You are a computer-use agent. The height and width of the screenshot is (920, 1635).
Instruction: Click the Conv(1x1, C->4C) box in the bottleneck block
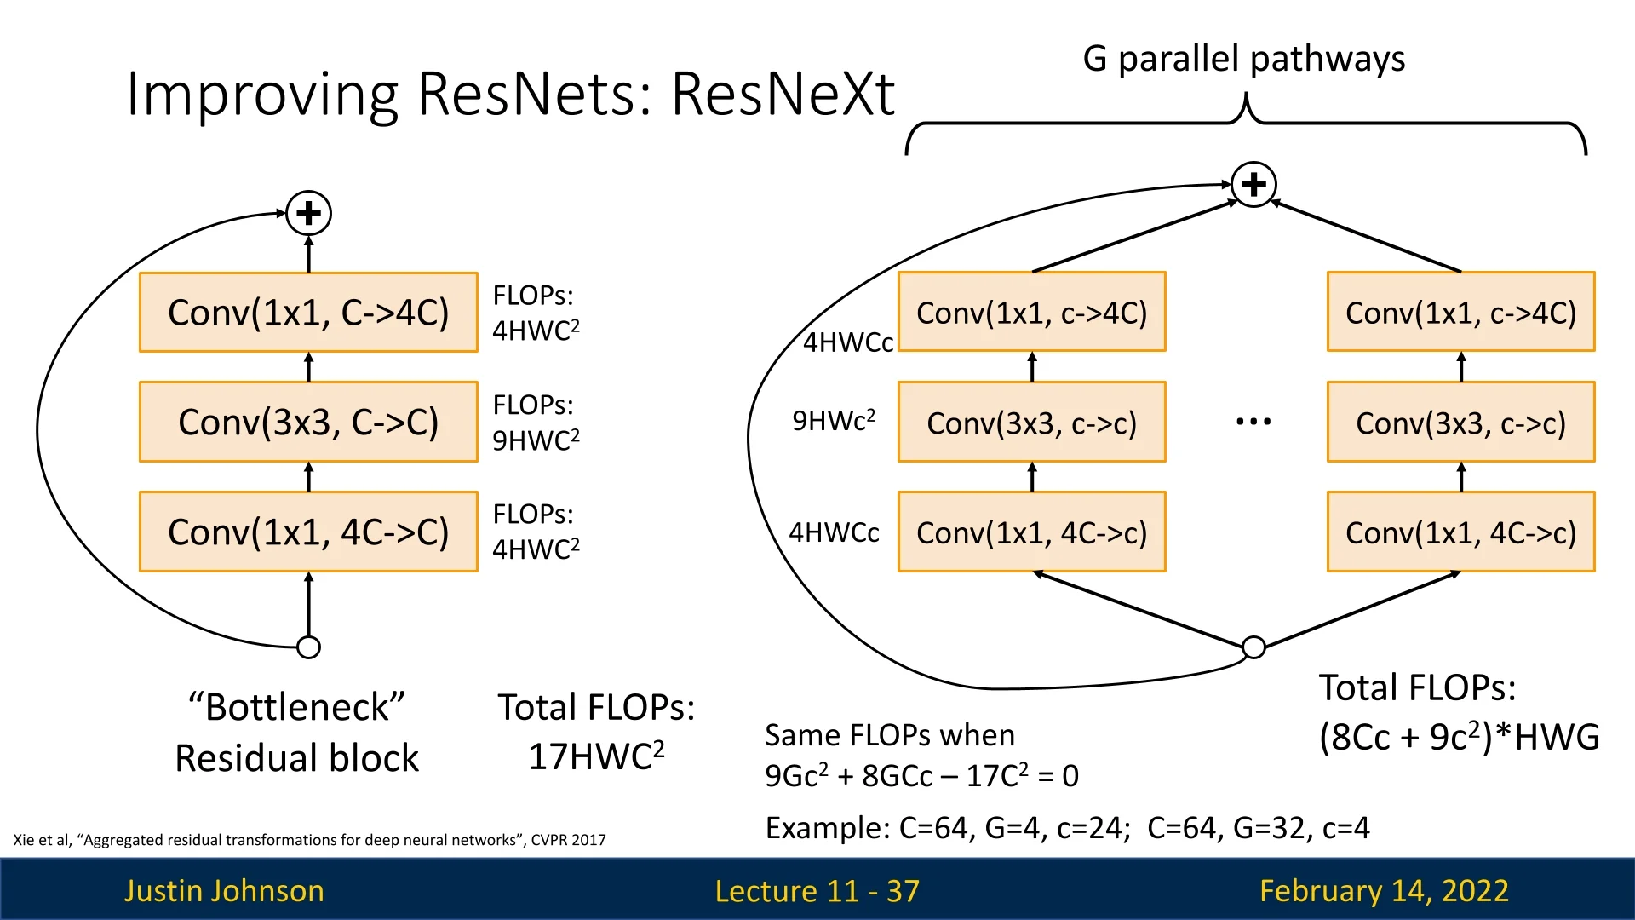[x=308, y=313]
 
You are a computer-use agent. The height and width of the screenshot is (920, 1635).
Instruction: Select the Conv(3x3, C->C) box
[x=308, y=423]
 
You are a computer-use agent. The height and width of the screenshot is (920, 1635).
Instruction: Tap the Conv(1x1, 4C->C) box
[x=308, y=532]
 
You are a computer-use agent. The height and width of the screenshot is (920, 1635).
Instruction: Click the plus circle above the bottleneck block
[x=308, y=213]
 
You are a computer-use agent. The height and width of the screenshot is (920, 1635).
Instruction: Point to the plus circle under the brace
[x=1253, y=184]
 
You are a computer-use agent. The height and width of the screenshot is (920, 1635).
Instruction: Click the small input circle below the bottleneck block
[x=308, y=647]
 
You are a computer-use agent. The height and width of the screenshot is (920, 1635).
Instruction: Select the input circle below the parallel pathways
[x=1253, y=647]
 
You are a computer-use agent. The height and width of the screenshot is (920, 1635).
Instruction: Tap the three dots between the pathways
[x=1253, y=421]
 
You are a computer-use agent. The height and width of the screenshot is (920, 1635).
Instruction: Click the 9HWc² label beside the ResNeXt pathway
[x=833, y=421]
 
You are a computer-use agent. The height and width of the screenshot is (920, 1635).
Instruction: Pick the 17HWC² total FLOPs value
[x=596, y=756]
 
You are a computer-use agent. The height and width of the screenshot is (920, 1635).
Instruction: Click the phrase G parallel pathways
[x=1243, y=59]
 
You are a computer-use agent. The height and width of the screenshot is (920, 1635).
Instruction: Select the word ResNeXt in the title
[x=783, y=93]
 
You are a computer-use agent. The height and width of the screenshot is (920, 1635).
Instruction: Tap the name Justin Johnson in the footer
[x=224, y=890]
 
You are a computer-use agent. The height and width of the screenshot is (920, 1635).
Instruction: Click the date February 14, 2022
[x=1384, y=890]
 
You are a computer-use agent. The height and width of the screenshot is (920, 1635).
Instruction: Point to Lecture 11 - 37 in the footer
[x=817, y=890]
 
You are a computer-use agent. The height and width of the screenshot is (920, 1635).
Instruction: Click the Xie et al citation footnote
[x=309, y=840]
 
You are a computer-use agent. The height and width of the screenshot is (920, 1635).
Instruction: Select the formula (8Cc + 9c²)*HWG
[x=1459, y=737]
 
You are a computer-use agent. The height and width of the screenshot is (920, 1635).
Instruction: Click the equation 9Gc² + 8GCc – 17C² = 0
[x=921, y=775]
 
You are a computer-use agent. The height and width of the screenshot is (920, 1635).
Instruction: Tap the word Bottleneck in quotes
[x=296, y=707]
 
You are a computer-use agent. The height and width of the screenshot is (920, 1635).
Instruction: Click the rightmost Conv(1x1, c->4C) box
[x=1460, y=313]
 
